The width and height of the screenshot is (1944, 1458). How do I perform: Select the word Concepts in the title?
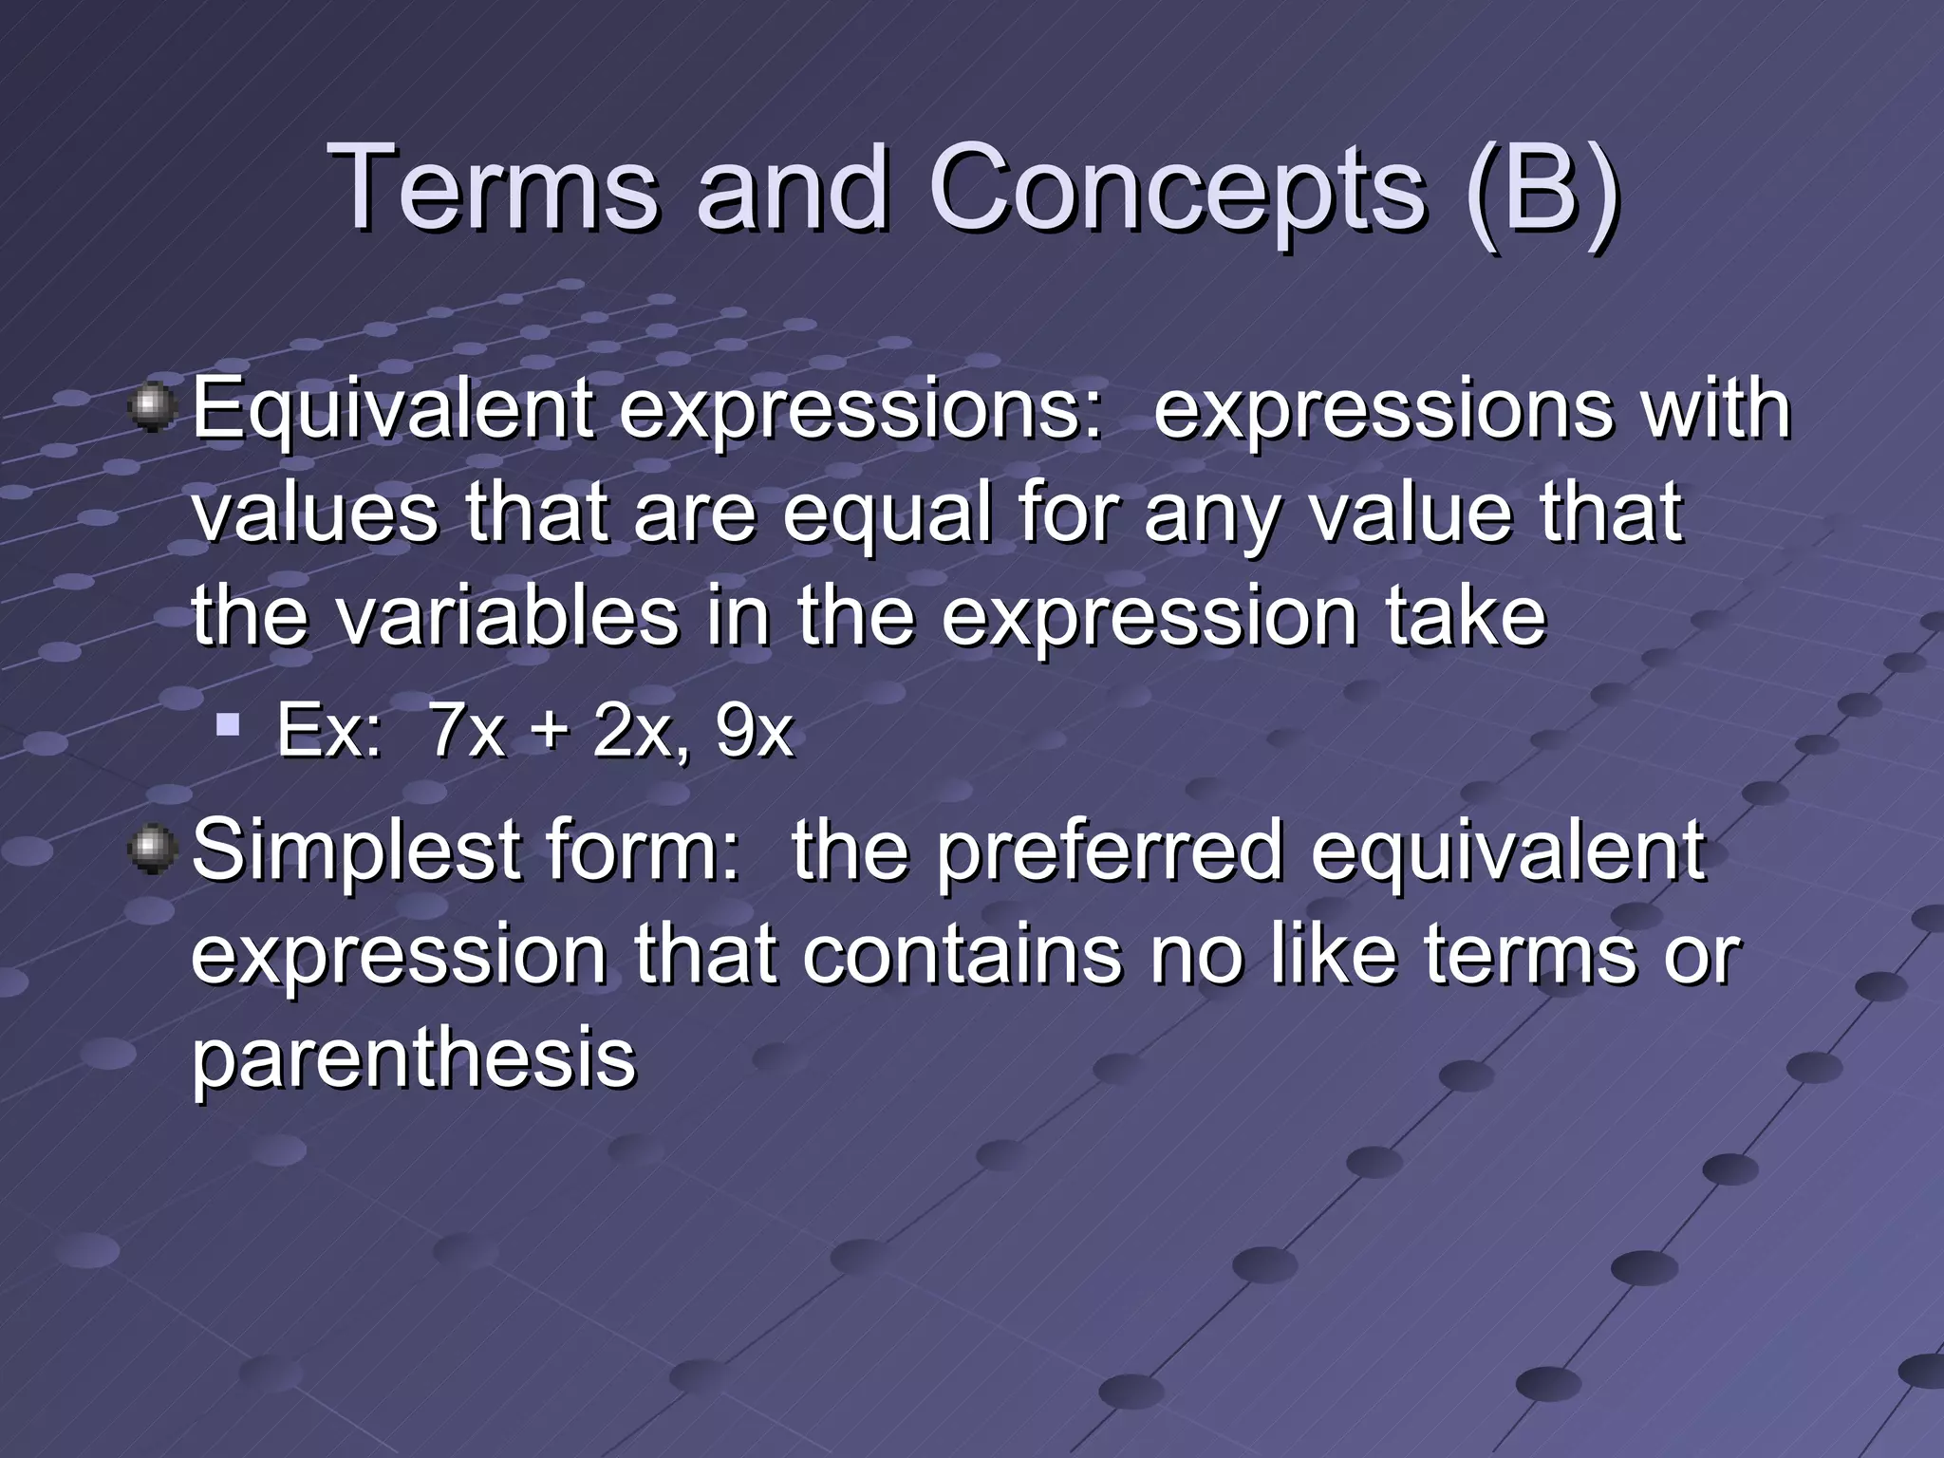tap(1177, 190)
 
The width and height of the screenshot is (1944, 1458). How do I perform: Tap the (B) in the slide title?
tap(1542, 190)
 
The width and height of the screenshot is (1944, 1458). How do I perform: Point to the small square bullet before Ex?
tap(227, 728)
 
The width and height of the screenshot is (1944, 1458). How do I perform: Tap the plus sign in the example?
tap(549, 733)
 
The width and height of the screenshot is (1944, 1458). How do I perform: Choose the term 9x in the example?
tap(754, 733)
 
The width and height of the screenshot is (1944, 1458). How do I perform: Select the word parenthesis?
tap(414, 1061)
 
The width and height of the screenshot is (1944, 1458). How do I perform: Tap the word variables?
tap(507, 617)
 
